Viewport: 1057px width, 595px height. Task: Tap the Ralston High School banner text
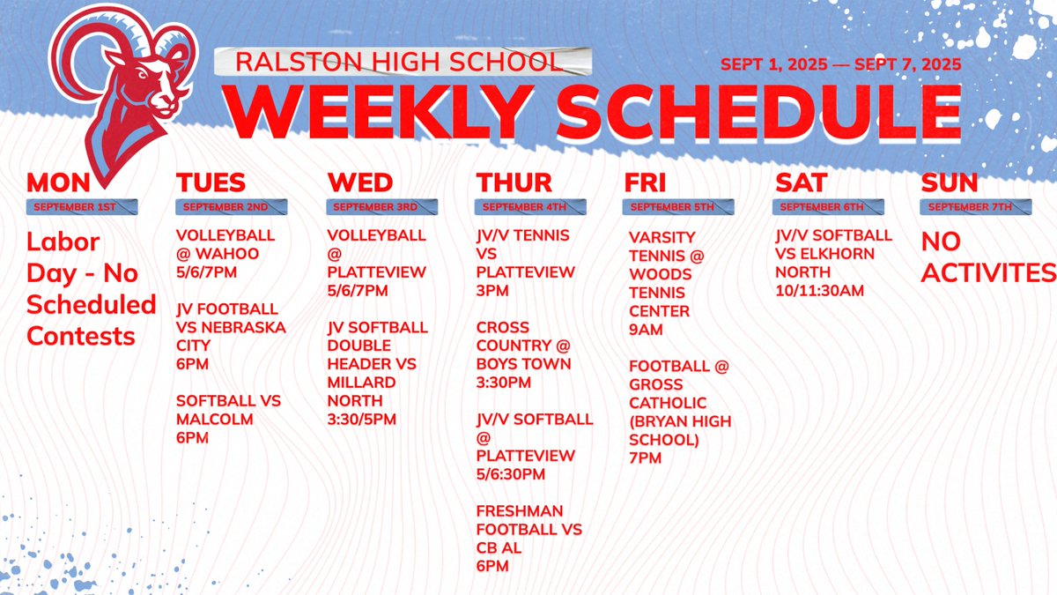pyautogui.click(x=398, y=62)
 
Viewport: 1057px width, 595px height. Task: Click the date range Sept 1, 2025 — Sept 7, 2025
pyautogui.click(x=839, y=64)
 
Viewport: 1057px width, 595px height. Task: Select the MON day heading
pyautogui.click(x=58, y=182)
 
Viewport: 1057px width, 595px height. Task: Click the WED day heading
pyautogui.click(x=359, y=182)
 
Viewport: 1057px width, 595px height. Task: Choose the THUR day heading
pyautogui.click(x=514, y=182)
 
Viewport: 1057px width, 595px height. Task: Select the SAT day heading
pyautogui.click(x=801, y=182)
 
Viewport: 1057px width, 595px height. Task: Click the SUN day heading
pyautogui.click(x=950, y=182)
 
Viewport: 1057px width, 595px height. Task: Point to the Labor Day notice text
pyautogui.click(x=91, y=288)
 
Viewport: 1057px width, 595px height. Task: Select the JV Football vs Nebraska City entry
pyautogui.click(x=231, y=337)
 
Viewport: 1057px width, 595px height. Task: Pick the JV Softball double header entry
pyautogui.click(x=377, y=373)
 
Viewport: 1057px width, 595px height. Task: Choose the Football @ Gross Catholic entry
pyautogui.click(x=680, y=412)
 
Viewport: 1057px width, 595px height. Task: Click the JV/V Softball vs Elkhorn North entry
pyautogui.click(x=833, y=263)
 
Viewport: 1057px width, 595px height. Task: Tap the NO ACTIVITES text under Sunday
pyautogui.click(x=987, y=257)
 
